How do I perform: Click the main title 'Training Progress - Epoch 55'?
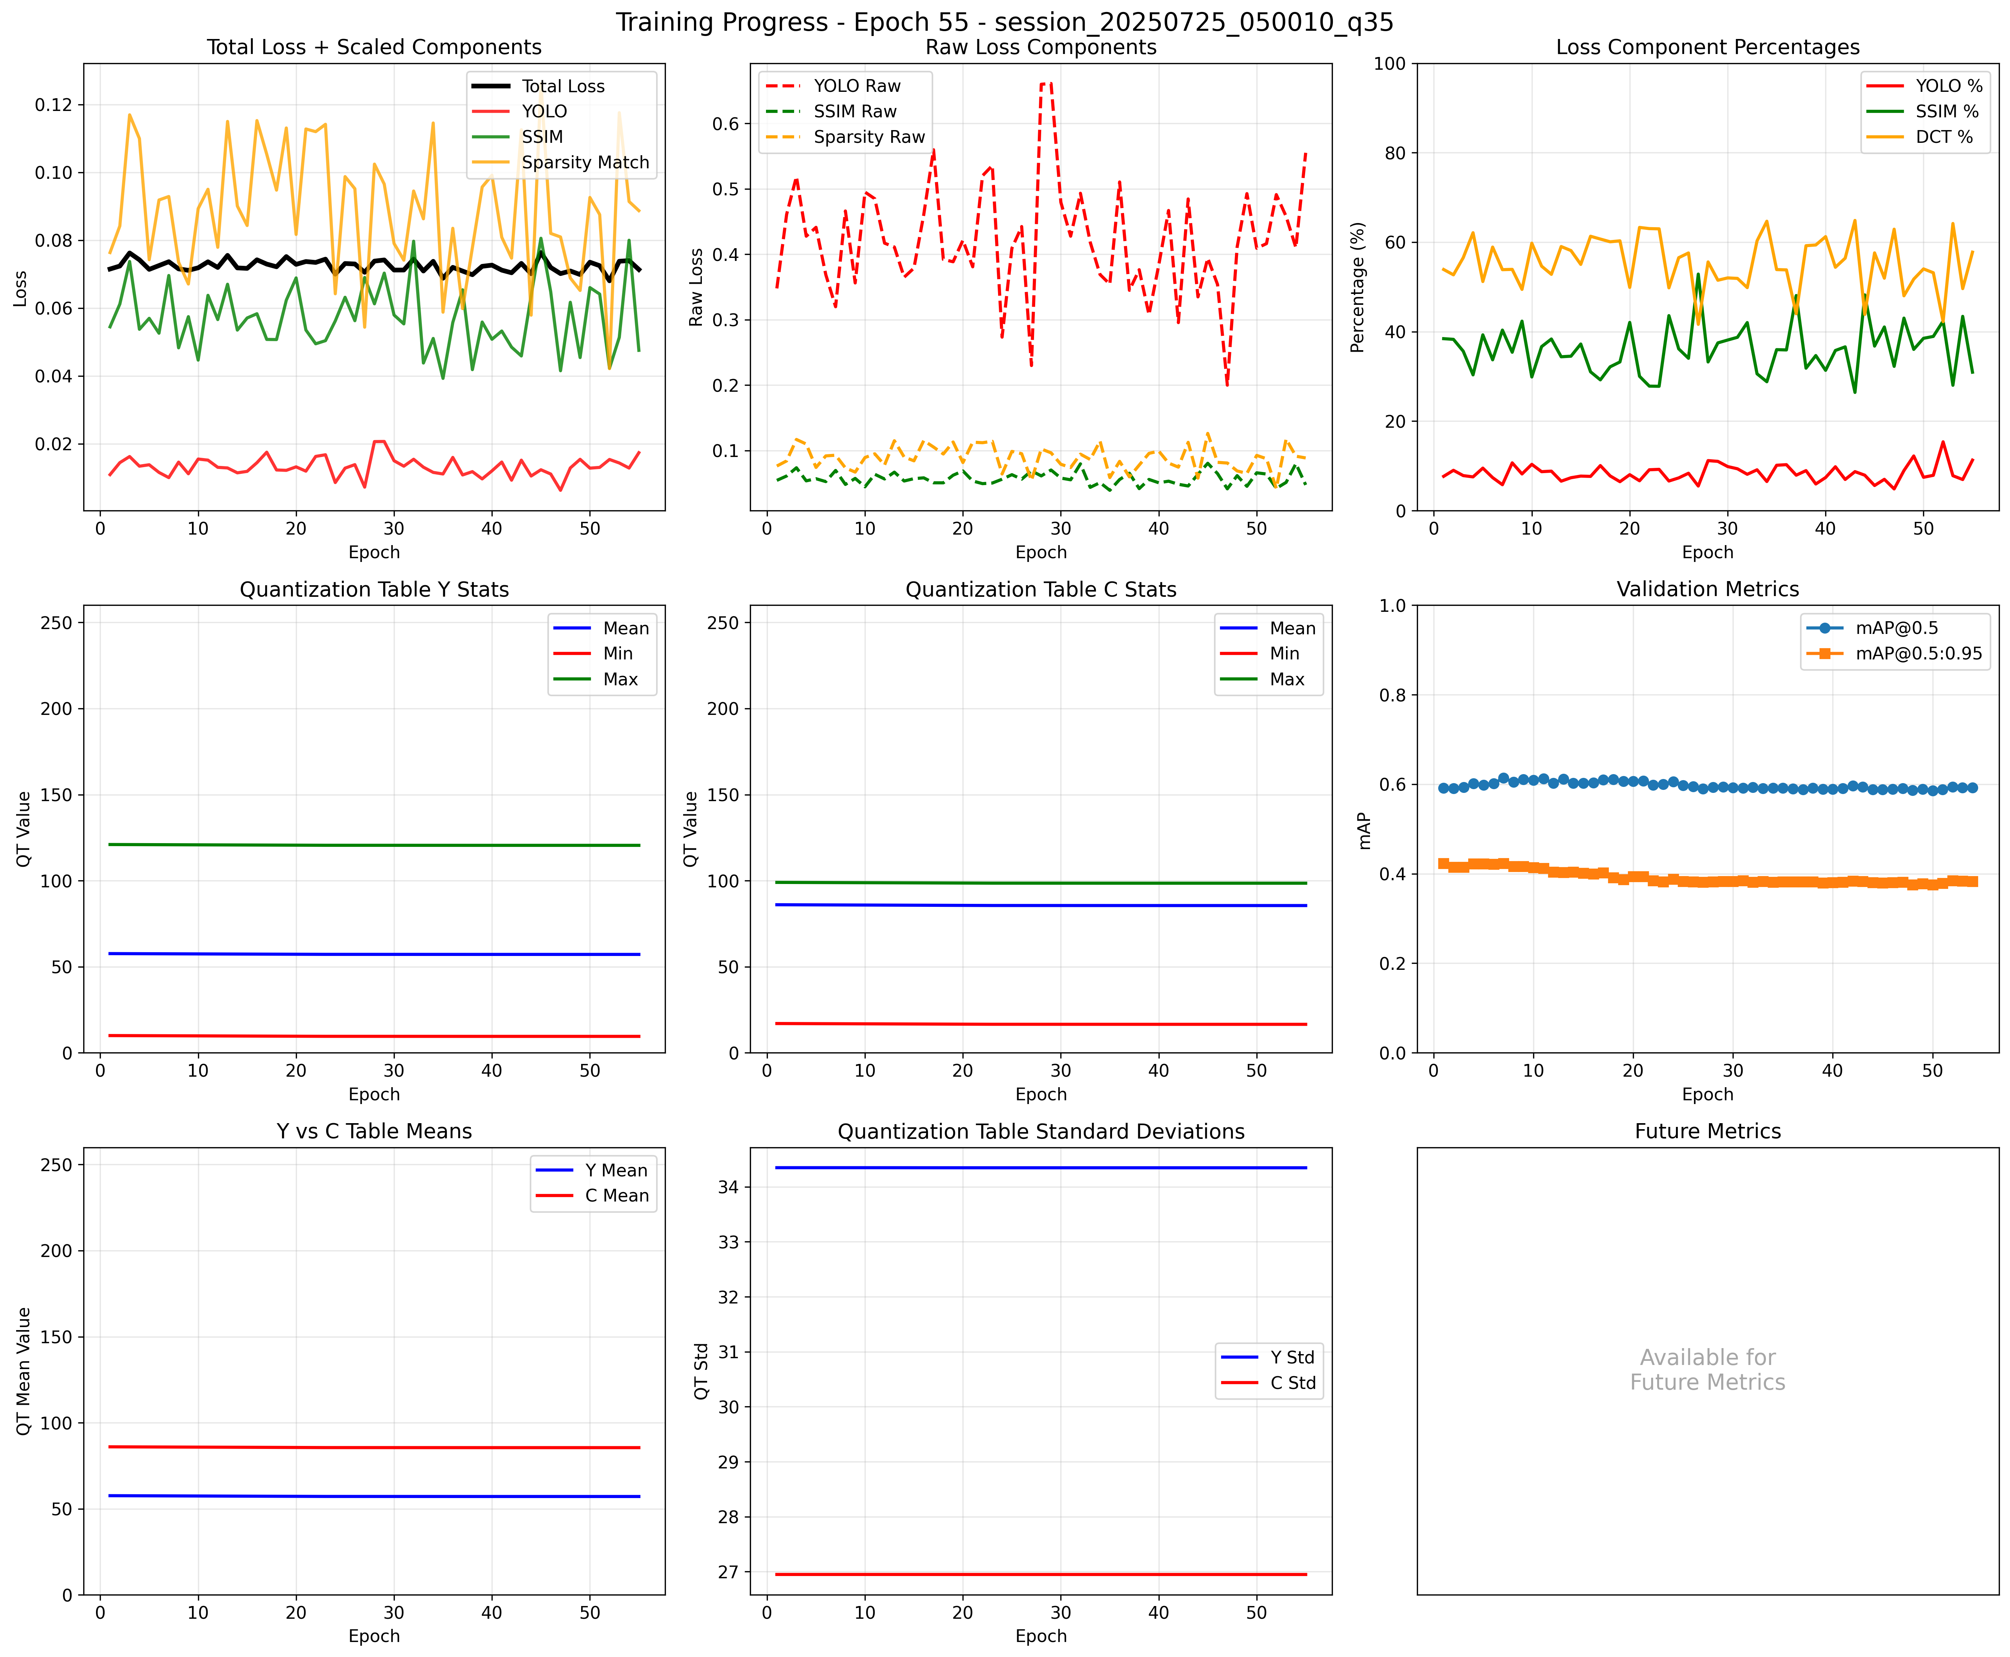tap(1004, 22)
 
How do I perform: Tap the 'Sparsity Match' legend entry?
tap(584, 162)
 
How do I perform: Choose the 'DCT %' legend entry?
tap(1943, 136)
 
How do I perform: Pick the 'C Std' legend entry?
tap(1292, 1383)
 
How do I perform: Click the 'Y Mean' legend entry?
tap(616, 1170)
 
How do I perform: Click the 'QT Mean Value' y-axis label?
tap(24, 1372)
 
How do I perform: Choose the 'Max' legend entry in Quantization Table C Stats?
tap(1286, 680)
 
